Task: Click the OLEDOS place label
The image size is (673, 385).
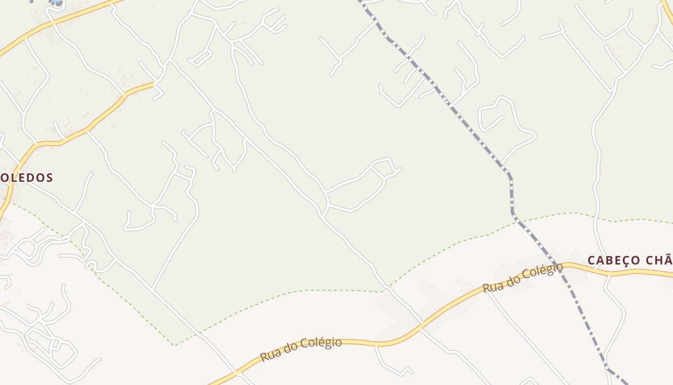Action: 26,178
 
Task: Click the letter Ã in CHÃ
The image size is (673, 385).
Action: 669,260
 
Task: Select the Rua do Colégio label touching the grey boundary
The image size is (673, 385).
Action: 523,278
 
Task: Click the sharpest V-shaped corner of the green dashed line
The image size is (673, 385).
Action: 175,345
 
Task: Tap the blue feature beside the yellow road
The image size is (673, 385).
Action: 56,3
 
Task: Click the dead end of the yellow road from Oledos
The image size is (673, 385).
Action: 154,84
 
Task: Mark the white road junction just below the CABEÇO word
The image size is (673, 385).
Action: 609,276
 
